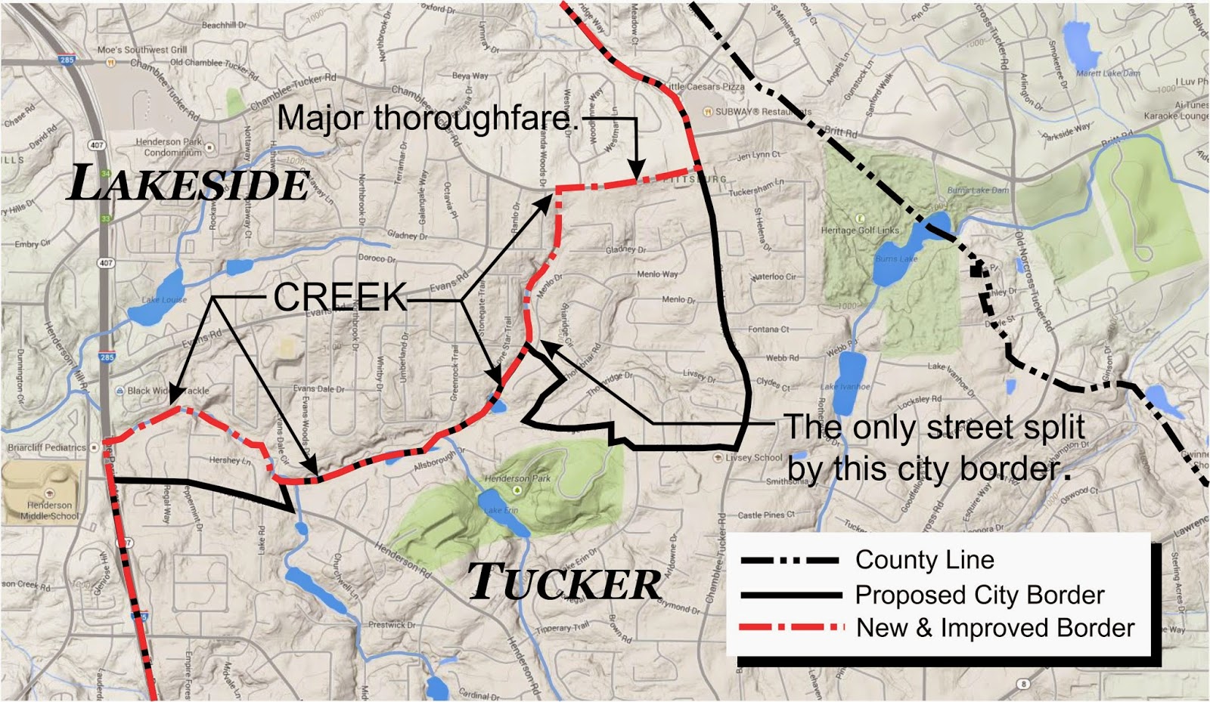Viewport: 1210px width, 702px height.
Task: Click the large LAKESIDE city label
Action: coord(189,184)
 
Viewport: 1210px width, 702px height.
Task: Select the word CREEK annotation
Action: coord(340,297)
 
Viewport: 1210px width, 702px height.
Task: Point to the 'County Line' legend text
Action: coord(924,560)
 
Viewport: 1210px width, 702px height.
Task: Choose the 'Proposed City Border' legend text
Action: coord(979,595)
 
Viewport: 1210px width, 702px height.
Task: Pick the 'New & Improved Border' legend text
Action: coord(995,628)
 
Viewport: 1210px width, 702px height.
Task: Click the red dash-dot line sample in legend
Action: coord(791,627)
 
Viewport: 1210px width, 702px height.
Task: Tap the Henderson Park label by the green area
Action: coord(517,478)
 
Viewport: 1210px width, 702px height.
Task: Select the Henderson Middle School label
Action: coord(49,510)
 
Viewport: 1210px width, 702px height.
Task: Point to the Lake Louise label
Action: coord(164,300)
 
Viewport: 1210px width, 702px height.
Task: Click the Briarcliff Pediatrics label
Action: coord(47,447)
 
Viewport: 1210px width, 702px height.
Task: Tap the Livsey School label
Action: coord(753,457)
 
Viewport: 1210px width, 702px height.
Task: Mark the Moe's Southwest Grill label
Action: coord(142,50)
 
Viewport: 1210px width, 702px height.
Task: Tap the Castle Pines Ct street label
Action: coord(765,515)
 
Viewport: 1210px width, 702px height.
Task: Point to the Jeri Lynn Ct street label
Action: coord(758,155)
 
